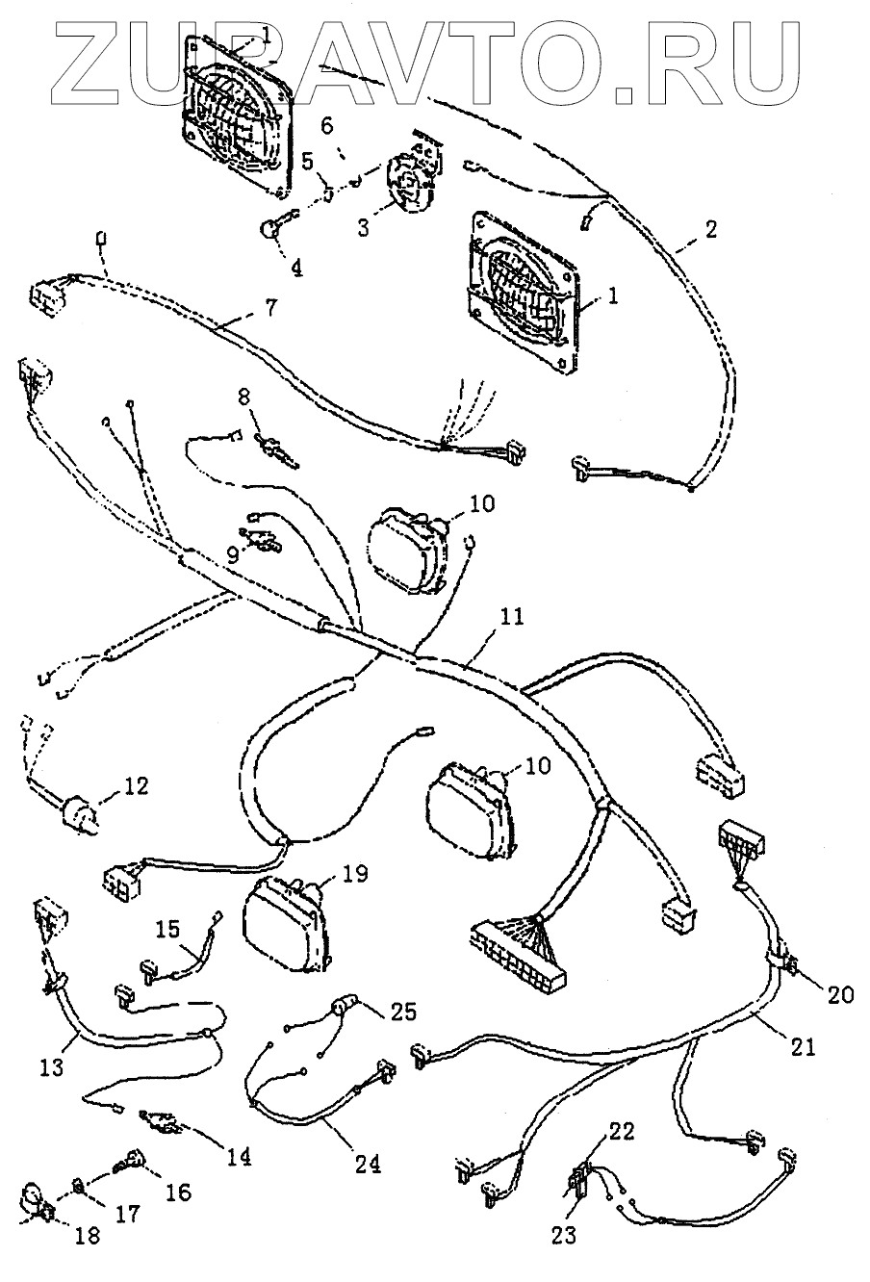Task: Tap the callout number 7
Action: coord(270,309)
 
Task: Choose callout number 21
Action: coord(803,1046)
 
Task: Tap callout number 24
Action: coord(367,1163)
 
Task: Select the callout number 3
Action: coord(364,228)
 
